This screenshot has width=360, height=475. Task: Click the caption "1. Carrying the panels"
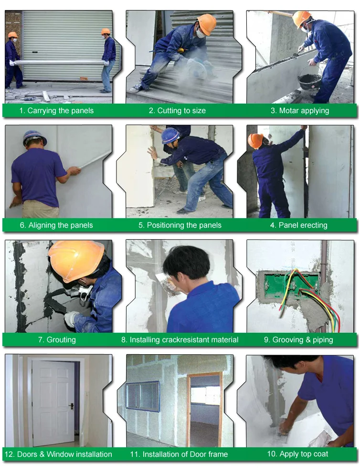pos(56,111)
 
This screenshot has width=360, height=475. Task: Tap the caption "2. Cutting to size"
pos(177,111)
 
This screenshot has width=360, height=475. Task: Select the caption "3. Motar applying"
pos(300,111)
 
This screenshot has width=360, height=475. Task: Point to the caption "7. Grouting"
pos(57,339)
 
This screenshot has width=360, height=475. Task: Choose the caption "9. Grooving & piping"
pos(298,339)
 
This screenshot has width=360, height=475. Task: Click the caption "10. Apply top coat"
pos(297,454)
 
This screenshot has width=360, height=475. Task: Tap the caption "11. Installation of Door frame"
pos(179,454)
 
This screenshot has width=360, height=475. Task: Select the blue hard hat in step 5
pos(170,135)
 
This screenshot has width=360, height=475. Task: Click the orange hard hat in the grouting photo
pos(76,260)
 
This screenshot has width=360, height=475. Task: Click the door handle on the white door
pos(72,406)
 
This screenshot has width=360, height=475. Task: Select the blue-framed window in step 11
pos(143,396)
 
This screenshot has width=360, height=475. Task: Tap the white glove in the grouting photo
pos(72,319)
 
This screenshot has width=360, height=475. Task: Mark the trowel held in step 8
pos(164,281)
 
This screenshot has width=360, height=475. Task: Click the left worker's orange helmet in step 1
pos(12,35)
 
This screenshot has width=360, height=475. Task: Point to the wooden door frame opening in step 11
pos(205,407)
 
